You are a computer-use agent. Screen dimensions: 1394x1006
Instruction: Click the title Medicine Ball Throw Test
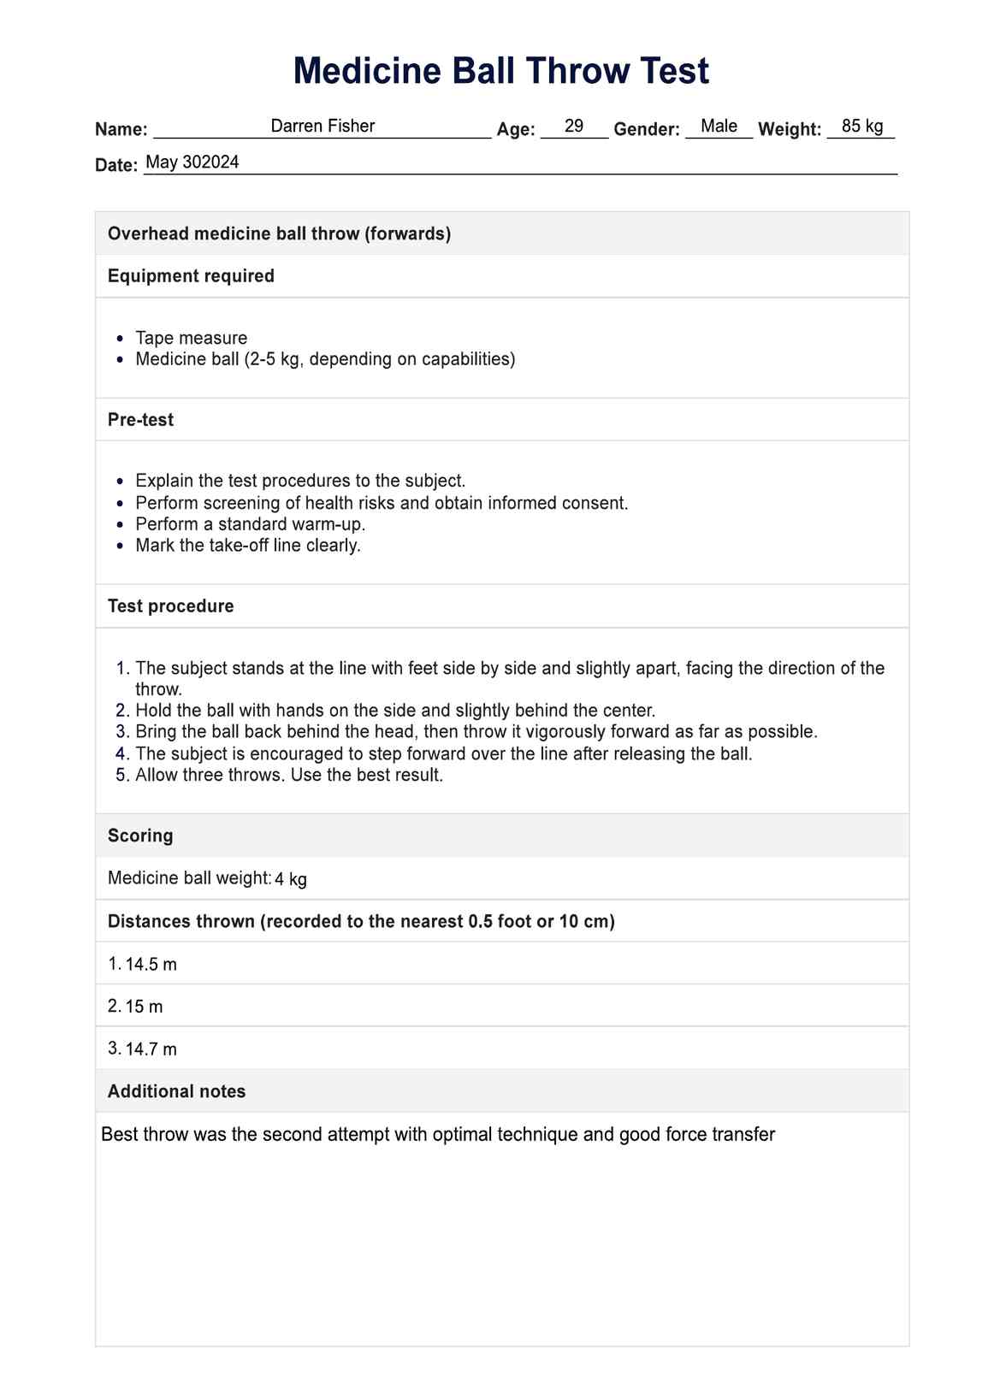click(501, 71)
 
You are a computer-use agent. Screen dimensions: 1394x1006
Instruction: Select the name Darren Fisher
click(323, 127)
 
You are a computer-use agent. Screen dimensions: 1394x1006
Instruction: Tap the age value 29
click(574, 127)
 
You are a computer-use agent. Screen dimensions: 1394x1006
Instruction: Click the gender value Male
click(719, 127)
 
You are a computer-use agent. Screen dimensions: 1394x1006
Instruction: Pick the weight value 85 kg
click(862, 127)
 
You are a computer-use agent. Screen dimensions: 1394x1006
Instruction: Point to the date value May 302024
click(192, 162)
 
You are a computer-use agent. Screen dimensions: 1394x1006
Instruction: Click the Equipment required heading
click(191, 276)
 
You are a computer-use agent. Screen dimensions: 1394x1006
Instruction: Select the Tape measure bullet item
click(191, 338)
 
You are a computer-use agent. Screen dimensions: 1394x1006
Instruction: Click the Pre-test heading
click(140, 420)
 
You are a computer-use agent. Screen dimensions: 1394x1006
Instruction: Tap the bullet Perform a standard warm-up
click(250, 524)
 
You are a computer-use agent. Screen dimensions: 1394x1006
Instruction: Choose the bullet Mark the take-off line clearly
click(248, 546)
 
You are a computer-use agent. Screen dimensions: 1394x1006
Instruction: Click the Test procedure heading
click(170, 606)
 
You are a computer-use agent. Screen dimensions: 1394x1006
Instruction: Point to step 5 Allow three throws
click(289, 776)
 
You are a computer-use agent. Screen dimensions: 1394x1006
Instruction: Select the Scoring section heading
click(140, 836)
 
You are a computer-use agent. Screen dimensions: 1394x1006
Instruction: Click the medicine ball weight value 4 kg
click(291, 879)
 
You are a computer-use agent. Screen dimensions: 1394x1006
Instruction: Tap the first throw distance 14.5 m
click(151, 965)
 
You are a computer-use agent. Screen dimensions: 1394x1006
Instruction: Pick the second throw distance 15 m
click(144, 1007)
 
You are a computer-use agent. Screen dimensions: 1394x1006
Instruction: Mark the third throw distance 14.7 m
click(151, 1049)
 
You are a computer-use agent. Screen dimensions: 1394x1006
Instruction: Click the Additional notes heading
click(176, 1092)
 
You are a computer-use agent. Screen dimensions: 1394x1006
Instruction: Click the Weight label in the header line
click(789, 130)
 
